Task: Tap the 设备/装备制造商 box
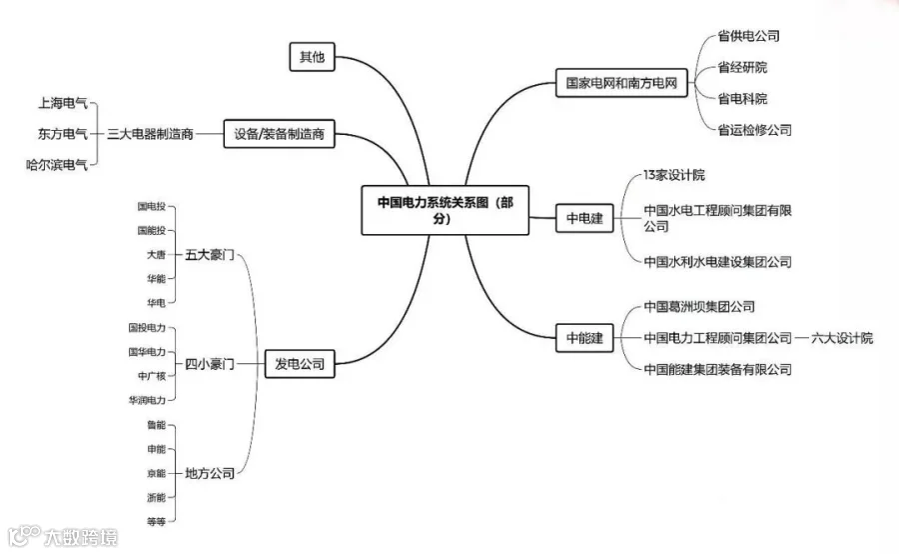pos(279,133)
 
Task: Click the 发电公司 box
pos(299,364)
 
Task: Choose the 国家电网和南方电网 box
pos(621,84)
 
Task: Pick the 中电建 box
pos(584,218)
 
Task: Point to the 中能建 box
pos(584,338)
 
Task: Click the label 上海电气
pos(62,103)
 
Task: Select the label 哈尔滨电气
pos(56,165)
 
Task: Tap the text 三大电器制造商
pos(150,133)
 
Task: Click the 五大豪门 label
pos(209,255)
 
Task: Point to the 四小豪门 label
pos(209,364)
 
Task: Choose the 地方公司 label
pos(209,473)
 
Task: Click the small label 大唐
pos(155,255)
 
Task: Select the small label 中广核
pos(151,376)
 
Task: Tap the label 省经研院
pos(742,68)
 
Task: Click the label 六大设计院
pos(841,338)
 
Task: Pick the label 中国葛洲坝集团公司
pos(698,307)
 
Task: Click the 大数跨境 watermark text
pos(79,537)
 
